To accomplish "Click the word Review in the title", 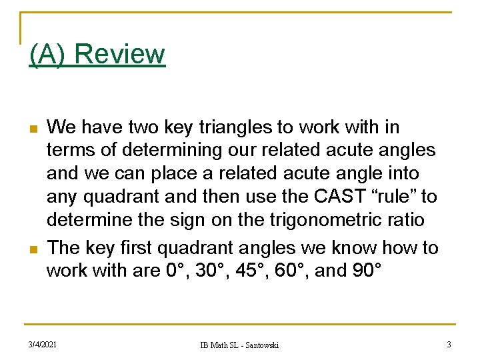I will click(x=120, y=54).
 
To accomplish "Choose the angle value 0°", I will click(x=175, y=271).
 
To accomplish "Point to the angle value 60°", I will click(x=301, y=271).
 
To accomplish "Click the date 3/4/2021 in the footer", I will click(x=42, y=344).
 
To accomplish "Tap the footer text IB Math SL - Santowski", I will click(x=240, y=345).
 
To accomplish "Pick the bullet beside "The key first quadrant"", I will click(x=33, y=249).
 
